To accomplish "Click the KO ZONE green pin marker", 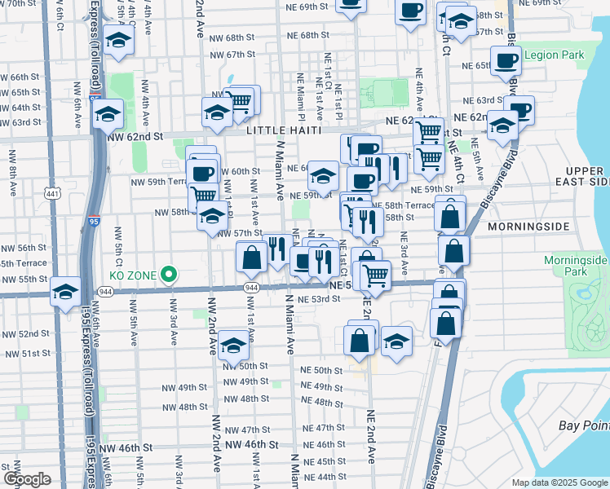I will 170,275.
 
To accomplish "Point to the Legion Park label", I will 555,55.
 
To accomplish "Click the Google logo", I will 27,479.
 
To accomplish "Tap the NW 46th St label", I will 252,445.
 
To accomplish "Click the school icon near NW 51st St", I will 234,346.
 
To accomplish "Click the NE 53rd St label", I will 318,300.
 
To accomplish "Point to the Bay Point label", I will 582,426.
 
